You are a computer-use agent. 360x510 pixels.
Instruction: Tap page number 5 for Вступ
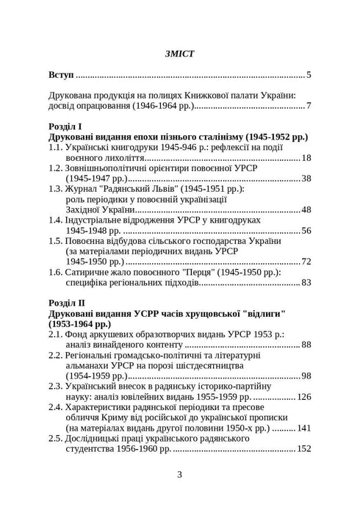tap(310, 75)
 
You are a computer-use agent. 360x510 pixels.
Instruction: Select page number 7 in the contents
tap(310, 107)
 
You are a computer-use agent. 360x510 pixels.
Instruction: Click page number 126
tap(304, 397)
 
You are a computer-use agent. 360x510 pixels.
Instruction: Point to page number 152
tap(304, 448)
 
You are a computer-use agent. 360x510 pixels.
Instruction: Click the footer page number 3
tap(180, 474)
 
